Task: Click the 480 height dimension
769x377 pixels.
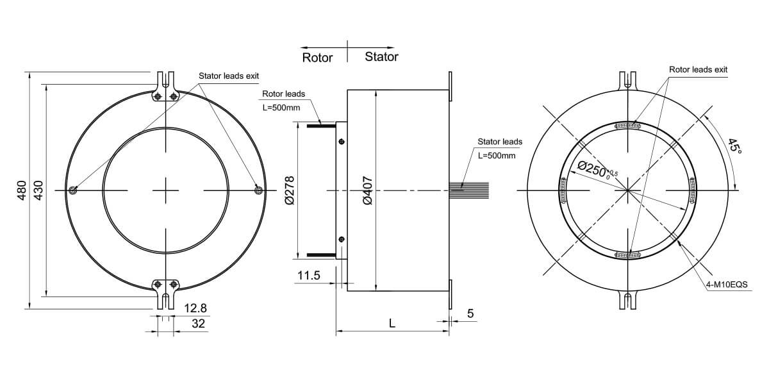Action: pyautogui.click(x=22, y=190)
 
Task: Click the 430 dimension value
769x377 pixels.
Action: pyautogui.click(x=38, y=190)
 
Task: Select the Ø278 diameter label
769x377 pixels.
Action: pyautogui.click(x=289, y=190)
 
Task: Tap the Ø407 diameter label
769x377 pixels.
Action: pyautogui.click(x=368, y=190)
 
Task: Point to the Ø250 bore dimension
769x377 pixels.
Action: pyautogui.click(x=596, y=168)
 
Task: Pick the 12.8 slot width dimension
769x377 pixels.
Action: pyautogui.click(x=195, y=308)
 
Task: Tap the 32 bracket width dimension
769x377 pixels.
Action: pyautogui.click(x=199, y=324)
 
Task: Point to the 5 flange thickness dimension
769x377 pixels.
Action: pyautogui.click(x=470, y=314)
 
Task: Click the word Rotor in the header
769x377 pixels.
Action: pyautogui.click(x=317, y=58)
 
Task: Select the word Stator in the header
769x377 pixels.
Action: pyautogui.click(x=381, y=57)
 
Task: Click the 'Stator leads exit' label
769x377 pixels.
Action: pyautogui.click(x=229, y=76)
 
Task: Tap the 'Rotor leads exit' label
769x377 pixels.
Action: pyautogui.click(x=698, y=69)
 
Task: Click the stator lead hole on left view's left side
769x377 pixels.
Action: pyautogui.click(x=74, y=190)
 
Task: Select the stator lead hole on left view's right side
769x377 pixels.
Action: pyautogui.click(x=258, y=190)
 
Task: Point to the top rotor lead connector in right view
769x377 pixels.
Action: pyautogui.click(x=628, y=126)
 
